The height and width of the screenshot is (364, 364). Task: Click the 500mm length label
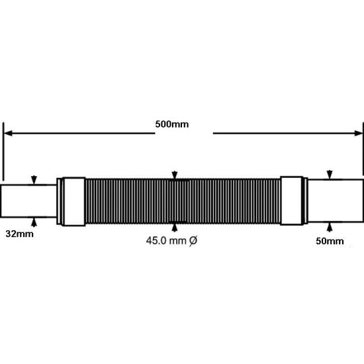pos(172,124)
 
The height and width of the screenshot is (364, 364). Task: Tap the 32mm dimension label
pos(19,234)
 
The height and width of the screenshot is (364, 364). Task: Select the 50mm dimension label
pos(330,241)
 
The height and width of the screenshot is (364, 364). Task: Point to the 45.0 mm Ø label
pos(172,241)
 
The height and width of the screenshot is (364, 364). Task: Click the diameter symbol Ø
pos(193,241)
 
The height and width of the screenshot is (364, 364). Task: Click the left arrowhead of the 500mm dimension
pos(8,133)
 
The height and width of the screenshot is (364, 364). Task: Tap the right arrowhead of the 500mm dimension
pos(359,133)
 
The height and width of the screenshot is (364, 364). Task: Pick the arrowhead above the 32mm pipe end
pos(34,180)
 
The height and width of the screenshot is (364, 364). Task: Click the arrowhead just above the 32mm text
pos(34,222)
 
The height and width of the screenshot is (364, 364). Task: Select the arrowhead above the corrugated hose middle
pos(175,175)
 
